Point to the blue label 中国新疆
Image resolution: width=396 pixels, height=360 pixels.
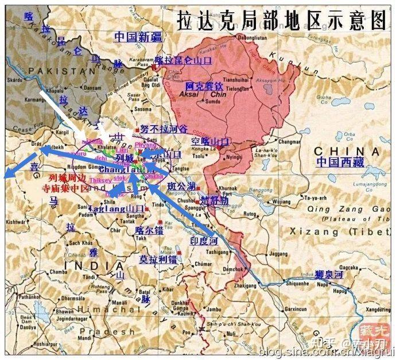(138, 37)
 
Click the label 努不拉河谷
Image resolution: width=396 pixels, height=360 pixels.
(164, 130)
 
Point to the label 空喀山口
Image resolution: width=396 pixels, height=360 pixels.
(210, 141)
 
